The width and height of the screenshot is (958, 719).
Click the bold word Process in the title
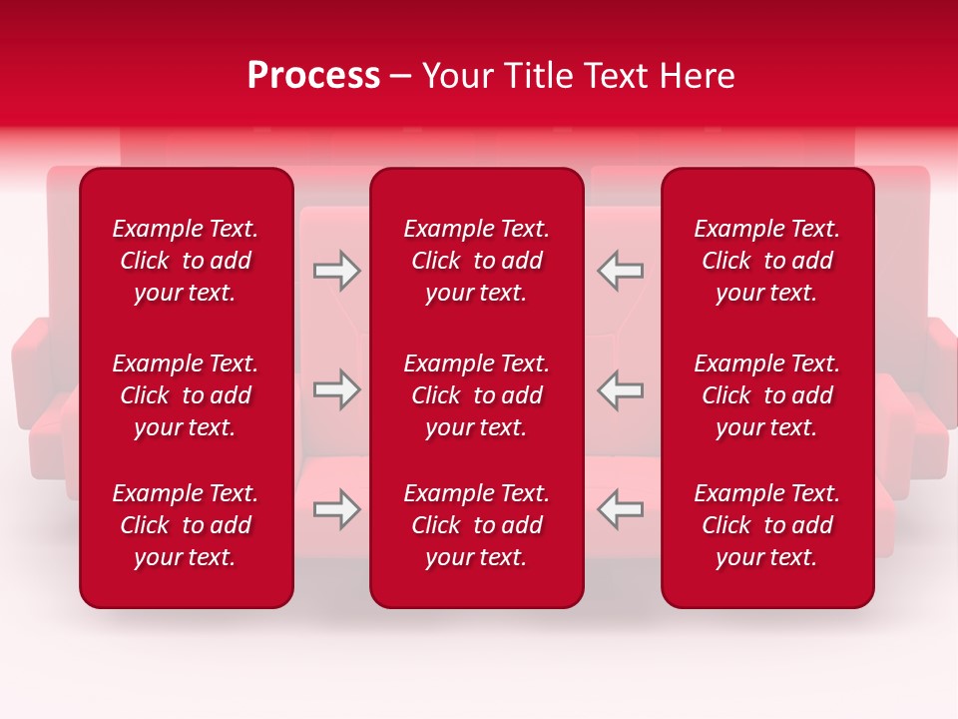coord(313,76)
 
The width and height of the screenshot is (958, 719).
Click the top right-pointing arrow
coord(336,271)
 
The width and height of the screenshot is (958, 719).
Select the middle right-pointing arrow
coord(336,389)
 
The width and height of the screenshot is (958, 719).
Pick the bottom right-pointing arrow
coord(336,509)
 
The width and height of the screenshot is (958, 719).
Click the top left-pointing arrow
coord(620,271)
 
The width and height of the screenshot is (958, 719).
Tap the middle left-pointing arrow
coord(620,389)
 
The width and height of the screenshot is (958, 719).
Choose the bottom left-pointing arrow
coord(620,509)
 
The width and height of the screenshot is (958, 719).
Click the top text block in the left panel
coord(186,261)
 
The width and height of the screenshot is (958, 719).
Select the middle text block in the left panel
coord(186,395)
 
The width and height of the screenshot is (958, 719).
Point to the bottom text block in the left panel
coord(186,525)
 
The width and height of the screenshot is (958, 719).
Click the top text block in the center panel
coord(477,261)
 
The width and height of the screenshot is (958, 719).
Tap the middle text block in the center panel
coord(477,395)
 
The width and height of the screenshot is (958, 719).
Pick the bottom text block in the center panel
coord(477,525)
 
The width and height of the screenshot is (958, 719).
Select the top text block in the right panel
coord(767,261)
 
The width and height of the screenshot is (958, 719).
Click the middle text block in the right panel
coord(767,395)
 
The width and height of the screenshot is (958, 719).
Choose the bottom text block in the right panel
coord(767,525)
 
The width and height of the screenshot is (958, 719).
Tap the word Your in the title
coord(456,76)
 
